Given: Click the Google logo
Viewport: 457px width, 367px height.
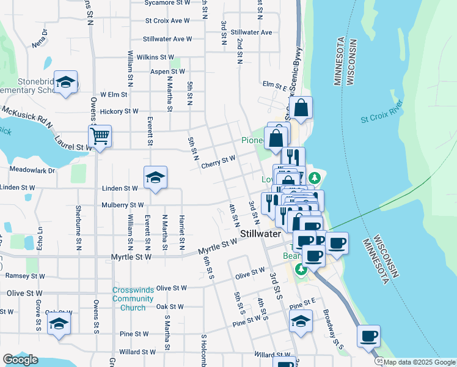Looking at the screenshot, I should (20, 360).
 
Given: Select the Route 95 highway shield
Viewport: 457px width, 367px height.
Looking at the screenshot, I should (378, 361).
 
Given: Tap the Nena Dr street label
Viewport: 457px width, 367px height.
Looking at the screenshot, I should (40, 43).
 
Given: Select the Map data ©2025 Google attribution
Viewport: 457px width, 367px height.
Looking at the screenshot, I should (419, 362).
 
